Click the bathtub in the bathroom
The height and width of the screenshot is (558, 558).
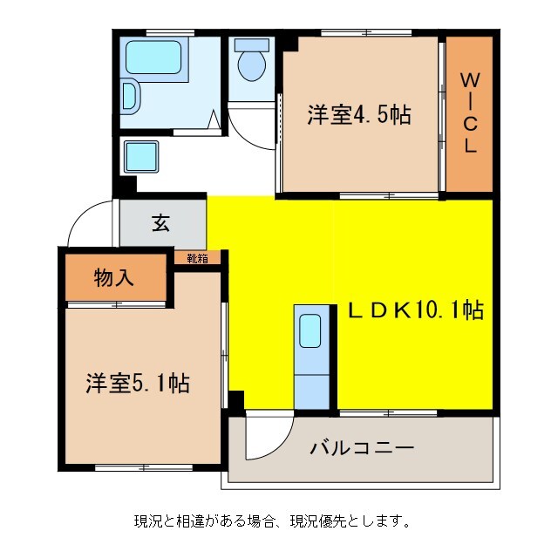point(153,58)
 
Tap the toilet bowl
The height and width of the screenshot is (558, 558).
point(252,66)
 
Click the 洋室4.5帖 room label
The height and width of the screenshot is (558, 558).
point(358,114)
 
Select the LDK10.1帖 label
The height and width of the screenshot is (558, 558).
point(416,309)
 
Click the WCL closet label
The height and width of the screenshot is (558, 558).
point(469,113)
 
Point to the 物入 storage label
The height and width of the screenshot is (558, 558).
point(113,278)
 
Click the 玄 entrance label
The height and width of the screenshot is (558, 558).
point(161,223)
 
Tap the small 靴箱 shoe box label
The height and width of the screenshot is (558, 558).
point(197,258)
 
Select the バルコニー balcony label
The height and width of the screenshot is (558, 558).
point(362,449)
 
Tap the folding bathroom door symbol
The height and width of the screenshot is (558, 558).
point(214,120)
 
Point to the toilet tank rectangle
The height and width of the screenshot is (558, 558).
point(253,44)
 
